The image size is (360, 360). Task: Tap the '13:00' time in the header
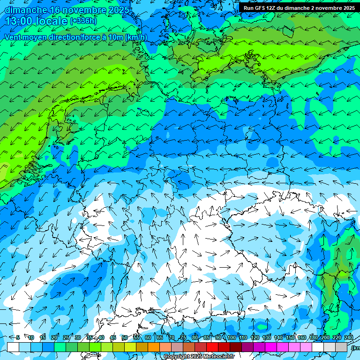tap(20, 22)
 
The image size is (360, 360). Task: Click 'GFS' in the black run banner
tap(259, 8)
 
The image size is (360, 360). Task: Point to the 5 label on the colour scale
tap(18, 337)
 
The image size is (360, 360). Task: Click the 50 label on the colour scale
tap(125, 337)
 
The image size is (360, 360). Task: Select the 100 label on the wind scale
tap(232, 337)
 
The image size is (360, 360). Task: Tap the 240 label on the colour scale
tap(349, 337)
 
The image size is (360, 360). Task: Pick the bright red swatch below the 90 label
tap(212, 347)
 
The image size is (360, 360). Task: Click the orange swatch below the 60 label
tap(142, 347)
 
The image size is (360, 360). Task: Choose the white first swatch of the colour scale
tap(13, 347)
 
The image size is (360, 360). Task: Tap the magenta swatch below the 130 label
tap(271, 347)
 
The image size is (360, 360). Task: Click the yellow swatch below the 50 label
tap(119, 347)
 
